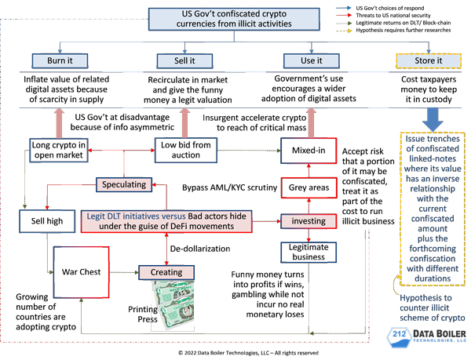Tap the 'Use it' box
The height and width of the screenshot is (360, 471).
(x=312, y=60)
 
